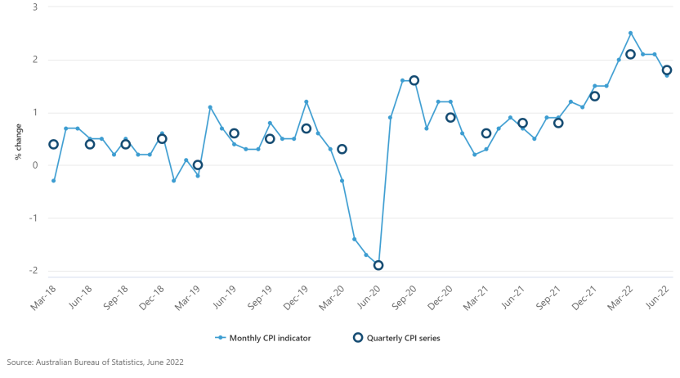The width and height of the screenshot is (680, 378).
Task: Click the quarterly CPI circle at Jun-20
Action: [x=378, y=265]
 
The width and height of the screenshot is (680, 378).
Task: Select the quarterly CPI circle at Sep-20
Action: [x=414, y=80]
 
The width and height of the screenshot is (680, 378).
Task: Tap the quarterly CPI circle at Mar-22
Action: [x=630, y=55]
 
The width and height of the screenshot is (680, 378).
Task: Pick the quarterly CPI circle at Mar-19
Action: [x=198, y=165]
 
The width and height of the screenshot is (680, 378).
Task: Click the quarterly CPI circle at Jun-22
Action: [x=667, y=70]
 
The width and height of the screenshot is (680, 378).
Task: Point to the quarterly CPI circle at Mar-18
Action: [x=54, y=144]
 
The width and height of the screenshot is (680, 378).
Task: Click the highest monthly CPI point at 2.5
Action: [x=630, y=34]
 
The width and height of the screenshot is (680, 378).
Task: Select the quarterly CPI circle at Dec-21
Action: [x=595, y=97]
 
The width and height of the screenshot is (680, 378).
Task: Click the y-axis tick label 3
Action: [x=34, y=7]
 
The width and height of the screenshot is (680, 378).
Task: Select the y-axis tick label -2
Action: [x=33, y=271]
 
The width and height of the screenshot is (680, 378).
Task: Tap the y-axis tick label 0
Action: [x=34, y=165]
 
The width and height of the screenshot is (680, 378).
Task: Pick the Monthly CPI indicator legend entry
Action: [x=262, y=337]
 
